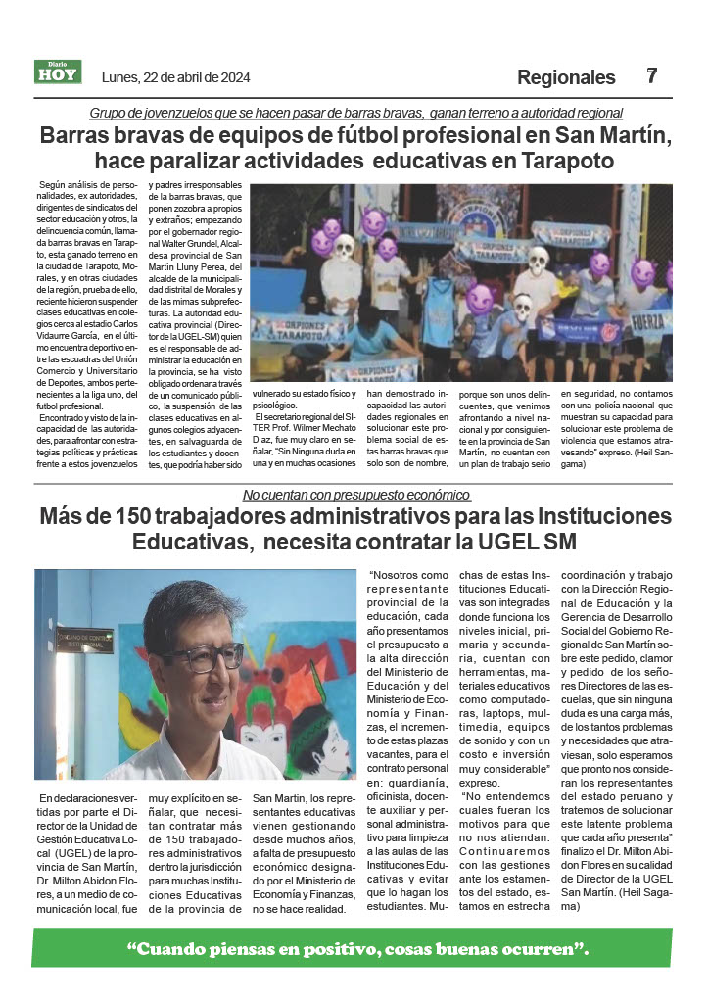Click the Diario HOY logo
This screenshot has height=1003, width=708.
tap(59, 72)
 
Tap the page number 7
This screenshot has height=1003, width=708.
tap(652, 75)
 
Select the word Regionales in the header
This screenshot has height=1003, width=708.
tap(566, 77)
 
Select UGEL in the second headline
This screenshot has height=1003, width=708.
tap(519, 541)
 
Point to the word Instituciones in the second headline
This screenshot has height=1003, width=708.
tap(577, 515)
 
